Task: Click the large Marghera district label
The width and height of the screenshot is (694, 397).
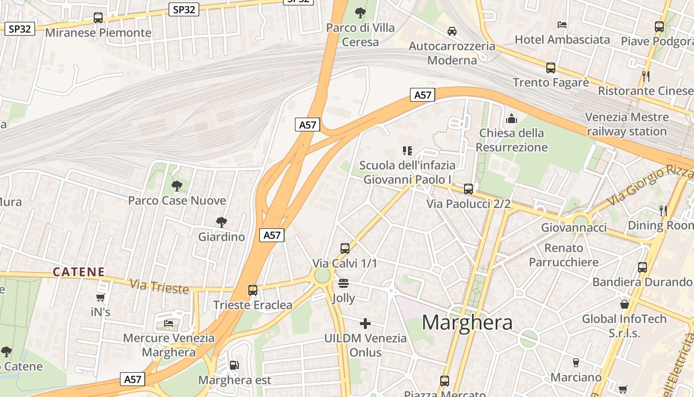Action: pos(467,323)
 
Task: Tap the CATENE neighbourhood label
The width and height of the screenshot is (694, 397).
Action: pos(79,272)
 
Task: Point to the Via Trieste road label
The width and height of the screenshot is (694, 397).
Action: pos(159,286)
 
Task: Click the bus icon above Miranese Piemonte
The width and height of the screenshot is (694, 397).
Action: pos(98,18)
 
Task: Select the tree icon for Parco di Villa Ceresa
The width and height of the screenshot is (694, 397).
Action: pos(360,12)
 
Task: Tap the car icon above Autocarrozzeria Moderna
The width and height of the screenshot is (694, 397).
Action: pos(452,31)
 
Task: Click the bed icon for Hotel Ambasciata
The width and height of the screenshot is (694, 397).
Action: pos(562,24)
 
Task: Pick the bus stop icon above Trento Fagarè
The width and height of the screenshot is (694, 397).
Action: pos(551,68)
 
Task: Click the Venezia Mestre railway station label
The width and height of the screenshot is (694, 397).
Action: pos(627,125)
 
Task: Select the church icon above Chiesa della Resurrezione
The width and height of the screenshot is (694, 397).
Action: pos(512,119)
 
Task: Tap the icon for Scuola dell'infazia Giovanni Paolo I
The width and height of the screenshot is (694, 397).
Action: pos(407,150)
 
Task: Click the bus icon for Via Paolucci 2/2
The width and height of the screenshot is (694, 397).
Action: pos(468,189)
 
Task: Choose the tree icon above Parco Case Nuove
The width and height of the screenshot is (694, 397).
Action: pos(176,186)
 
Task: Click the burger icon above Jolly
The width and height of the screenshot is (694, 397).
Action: pos(344,283)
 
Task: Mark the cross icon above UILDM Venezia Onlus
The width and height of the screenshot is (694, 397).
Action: pos(365,324)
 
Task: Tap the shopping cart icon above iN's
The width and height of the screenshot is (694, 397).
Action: pos(101,298)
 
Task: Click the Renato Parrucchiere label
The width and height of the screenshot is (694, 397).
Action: pos(564,255)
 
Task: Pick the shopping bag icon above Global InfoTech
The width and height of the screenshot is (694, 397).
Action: pos(625,304)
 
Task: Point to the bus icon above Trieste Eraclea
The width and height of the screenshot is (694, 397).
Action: pos(253,290)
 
